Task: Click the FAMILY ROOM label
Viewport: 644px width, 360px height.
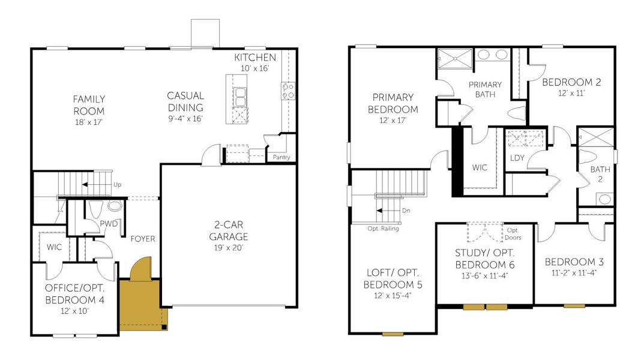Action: pos(89,105)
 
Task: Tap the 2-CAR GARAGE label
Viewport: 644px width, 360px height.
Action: pos(228,231)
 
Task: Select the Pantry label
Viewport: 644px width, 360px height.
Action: pos(281,158)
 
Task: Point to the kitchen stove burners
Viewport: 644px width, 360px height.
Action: pos(287,91)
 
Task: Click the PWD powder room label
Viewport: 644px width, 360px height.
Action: pos(109,224)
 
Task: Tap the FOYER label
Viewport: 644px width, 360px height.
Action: pos(142,239)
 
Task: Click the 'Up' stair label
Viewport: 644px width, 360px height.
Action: pos(117,185)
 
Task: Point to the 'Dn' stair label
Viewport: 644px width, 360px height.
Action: pos(406,211)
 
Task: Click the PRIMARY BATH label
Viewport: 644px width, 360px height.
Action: pos(485,89)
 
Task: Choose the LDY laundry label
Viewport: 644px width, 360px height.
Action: pos(517,158)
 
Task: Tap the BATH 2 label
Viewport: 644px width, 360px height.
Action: pos(600,175)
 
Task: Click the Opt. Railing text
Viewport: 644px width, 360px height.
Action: pos(384,229)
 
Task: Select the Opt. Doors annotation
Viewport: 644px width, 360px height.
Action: pos(513,233)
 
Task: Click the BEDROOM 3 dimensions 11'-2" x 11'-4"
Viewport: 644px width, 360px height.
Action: pos(574,273)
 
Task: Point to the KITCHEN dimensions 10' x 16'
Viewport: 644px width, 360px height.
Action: pos(255,68)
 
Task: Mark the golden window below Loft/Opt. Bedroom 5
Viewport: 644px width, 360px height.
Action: pos(393,333)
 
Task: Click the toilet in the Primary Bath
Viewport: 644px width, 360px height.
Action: pos(516,112)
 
